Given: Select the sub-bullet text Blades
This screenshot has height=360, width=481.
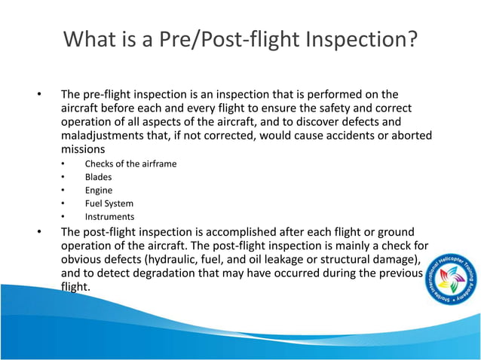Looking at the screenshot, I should [98, 176].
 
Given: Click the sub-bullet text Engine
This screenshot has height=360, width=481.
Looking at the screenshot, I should [99, 190].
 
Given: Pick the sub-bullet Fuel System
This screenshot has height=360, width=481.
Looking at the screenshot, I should [109, 203].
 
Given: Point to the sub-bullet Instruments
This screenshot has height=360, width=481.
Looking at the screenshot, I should [109, 217].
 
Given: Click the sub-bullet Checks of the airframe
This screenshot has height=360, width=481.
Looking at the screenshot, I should [130, 163].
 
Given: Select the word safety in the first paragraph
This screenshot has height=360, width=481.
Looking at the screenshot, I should [308, 108].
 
